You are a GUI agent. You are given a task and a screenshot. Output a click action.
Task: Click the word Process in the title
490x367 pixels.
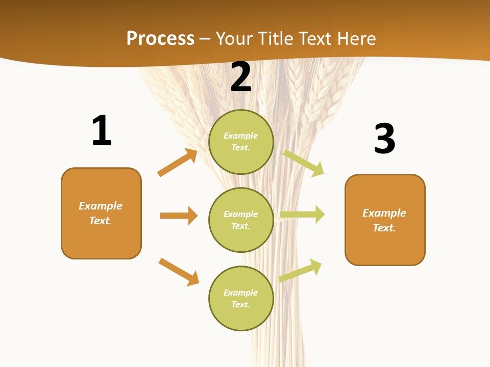(160, 39)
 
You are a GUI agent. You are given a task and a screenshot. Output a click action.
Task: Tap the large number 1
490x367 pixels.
(102, 130)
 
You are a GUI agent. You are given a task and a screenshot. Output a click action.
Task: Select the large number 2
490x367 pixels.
(241, 77)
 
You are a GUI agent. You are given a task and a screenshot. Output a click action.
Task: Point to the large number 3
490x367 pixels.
(384, 139)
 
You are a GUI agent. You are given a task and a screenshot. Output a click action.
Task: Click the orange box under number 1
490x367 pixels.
(101, 213)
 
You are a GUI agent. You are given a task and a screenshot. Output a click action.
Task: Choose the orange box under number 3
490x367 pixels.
(385, 220)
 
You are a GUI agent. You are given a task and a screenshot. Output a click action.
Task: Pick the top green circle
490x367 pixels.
(241, 142)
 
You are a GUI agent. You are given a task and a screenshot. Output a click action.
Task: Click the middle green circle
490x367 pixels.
(241, 220)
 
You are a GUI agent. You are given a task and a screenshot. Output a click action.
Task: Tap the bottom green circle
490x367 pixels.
(241, 298)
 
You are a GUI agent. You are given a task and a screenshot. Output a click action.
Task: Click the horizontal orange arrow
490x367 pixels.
(179, 216)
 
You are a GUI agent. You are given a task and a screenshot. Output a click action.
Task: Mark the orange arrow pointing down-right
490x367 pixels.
(179, 272)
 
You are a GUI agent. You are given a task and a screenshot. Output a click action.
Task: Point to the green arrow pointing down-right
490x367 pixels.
(304, 163)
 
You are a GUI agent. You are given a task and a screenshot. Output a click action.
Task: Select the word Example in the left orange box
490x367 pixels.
(101, 206)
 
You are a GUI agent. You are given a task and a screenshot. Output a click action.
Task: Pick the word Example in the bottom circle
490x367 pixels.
(241, 293)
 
